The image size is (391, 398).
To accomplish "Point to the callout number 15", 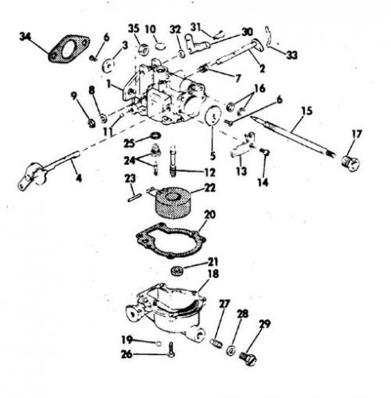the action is pyautogui.click(x=307, y=111).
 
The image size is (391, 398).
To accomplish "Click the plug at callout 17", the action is pyautogui.click(x=350, y=163).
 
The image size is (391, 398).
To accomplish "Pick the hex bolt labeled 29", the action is pyautogui.click(x=248, y=358).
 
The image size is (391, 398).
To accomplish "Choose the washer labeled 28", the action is pyautogui.click(x=231, y=350).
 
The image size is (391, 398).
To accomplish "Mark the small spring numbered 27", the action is pyautogui.click(x=215, y=344).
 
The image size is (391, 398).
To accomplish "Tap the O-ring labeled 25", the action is pyautogui.click(x=155, y=136).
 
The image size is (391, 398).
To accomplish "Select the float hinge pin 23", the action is pyautogui.click(x=135, y=198).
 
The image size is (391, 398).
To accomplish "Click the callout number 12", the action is pyautogui.click(x=209, y=173).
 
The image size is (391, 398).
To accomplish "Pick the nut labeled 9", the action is pyautogui.click(x=92, y=123).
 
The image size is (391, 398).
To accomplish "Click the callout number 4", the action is pyautogui.click(x=79, y=178).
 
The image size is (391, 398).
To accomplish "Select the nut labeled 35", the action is pyautogui.click(x=143, y=49).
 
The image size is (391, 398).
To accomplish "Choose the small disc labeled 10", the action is pyautogui.click(x=160, y=45).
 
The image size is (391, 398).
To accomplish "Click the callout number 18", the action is pyautogui.click(x=213, y=274).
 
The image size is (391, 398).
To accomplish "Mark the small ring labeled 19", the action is pyautogui.click(x=158, y=344).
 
